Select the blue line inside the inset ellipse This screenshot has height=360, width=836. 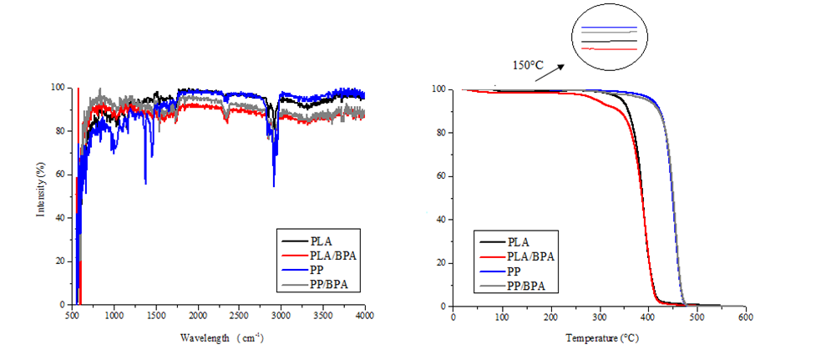(x=609, y=28)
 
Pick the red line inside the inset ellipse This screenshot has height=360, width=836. (x=609, y=49)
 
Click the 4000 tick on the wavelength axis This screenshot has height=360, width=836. (x=364, y=316)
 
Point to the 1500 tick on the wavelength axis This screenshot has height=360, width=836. (x=156, y=316)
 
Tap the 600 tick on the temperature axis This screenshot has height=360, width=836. (x=746, y=317)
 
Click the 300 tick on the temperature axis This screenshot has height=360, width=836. (x=600, y=317)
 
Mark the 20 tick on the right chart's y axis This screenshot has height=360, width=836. (x=438, y=263)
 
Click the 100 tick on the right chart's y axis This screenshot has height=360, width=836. (x=436, y=89)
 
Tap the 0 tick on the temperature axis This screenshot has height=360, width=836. (x=453, y=317)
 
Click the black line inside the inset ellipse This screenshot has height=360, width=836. (x=609, y=40)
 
